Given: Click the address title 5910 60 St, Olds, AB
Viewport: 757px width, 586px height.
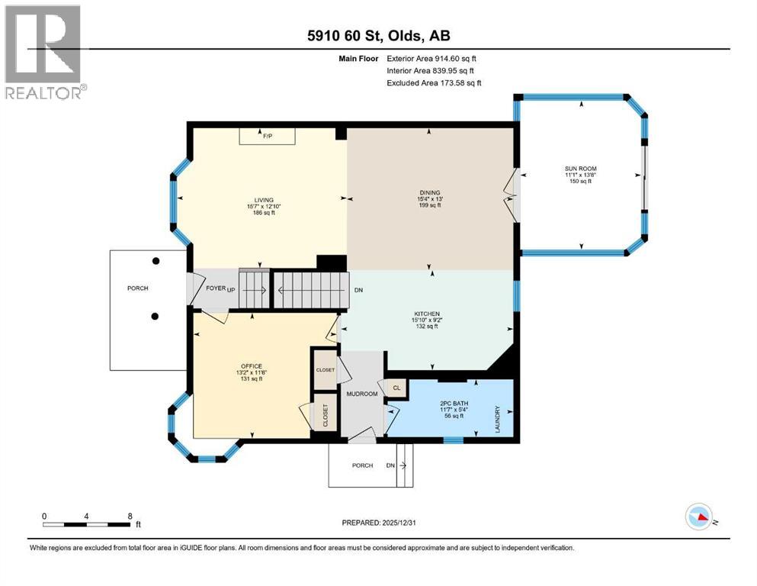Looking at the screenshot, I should pos(378,36).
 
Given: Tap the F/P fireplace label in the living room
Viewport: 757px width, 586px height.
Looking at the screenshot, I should pos(268,136).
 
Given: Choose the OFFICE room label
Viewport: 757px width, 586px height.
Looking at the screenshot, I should pos(252,366).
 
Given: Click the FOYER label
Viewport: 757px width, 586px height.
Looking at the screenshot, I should pos(215,288).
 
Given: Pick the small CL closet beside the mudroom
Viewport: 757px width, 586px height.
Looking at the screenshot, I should pos(396,388).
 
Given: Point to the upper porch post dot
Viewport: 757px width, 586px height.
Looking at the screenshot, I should pos(156,261).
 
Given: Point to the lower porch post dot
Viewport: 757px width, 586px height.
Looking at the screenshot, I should pos(156,317).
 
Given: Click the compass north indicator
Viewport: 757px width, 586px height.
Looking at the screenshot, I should pos(700,518).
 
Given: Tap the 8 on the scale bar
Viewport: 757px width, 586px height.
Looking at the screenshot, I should pos(130,516).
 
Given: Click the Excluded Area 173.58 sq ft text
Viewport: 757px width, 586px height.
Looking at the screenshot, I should pos(435,82).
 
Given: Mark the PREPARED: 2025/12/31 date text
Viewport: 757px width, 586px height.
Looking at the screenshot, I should pos(379,523).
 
